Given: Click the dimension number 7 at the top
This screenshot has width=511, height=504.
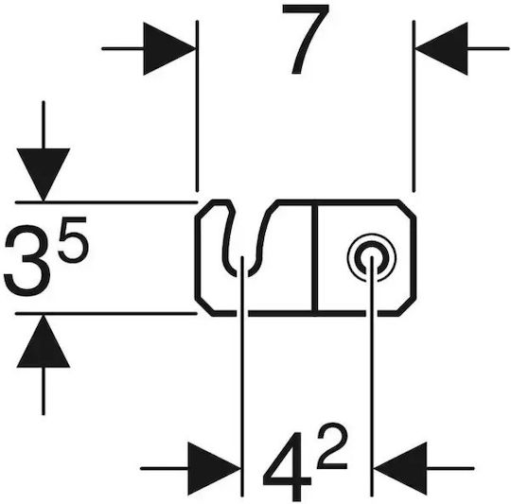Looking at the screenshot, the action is point(307,39).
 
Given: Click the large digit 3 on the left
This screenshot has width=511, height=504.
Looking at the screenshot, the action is point(27,260).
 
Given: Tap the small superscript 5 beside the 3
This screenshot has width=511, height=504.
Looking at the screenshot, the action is point(74,239).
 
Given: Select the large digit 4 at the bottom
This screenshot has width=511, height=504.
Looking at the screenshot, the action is point(287,466).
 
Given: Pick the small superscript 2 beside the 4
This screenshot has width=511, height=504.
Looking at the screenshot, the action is point(332,446).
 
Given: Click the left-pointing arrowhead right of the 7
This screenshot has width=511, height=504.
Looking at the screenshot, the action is point(442,49).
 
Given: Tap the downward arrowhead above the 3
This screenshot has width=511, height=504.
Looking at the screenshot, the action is point(44,175).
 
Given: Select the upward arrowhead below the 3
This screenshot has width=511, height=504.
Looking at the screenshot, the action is point(44,342).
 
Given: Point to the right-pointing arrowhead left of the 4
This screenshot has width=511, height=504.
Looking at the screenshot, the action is point(215,468).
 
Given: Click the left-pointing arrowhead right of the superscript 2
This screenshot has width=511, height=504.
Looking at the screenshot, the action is point(400,468).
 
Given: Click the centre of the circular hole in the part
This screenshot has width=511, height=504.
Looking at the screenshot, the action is point(372,258).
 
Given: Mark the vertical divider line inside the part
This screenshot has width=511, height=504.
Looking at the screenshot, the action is point(314,258).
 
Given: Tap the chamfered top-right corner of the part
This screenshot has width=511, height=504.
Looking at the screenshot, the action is point(407,209).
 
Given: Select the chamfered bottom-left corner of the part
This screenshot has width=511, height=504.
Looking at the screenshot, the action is point(204,306).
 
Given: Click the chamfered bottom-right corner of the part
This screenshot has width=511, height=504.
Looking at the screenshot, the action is point(407,306).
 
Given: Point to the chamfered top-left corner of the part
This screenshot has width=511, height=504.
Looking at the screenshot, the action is point(204,209).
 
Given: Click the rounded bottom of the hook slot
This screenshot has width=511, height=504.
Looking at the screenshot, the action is point(242,273).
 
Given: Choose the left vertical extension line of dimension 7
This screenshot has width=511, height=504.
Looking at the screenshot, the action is point(197,106).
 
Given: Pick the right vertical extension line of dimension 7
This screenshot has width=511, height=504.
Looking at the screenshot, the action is point(414,106).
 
